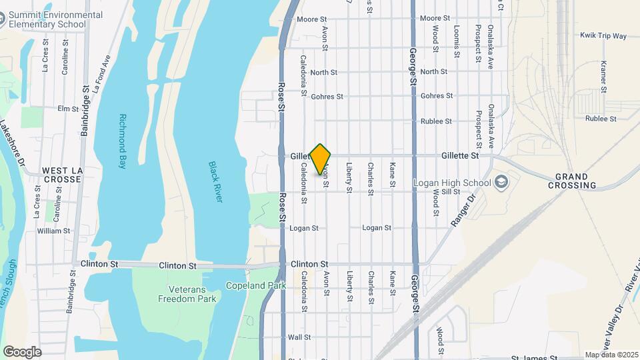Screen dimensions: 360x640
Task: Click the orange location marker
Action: (x=321, y=159)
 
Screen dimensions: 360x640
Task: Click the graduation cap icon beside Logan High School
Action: (x=502, y=182)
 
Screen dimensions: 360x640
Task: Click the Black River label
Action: (x=216, y=181)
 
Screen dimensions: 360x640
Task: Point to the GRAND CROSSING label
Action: (x=575, y=180)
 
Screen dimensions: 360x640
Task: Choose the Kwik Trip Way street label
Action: (x=603, y=35)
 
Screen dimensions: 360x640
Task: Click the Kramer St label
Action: (x=603, y=77)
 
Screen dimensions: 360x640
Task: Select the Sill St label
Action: (x=451, y=191)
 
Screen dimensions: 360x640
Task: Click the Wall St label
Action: (x=299, y=337)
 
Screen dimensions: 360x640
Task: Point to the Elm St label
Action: (x=68, y=109)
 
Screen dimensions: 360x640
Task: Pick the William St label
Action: (x=53, y=231)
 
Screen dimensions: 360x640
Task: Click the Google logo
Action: (x=22, y=351)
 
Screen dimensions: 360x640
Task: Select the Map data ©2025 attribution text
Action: (x=611, y=355)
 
